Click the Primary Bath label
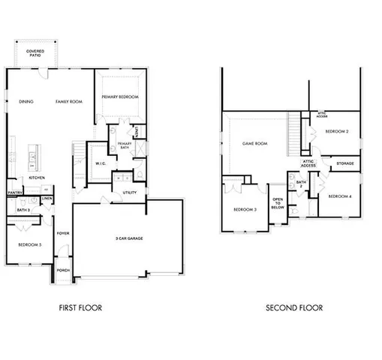click(124, 146)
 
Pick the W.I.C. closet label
click(101, 163)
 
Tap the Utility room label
click(129, 193)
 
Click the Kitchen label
click(37, 178)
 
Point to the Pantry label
click(14, 193)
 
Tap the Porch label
click(63, 270)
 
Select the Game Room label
click(254, 142)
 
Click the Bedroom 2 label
click(337, 131)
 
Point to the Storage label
click(344, 163)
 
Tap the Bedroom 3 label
click(245, 209)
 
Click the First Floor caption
click(80, 307)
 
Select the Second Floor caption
click(294, 307)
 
